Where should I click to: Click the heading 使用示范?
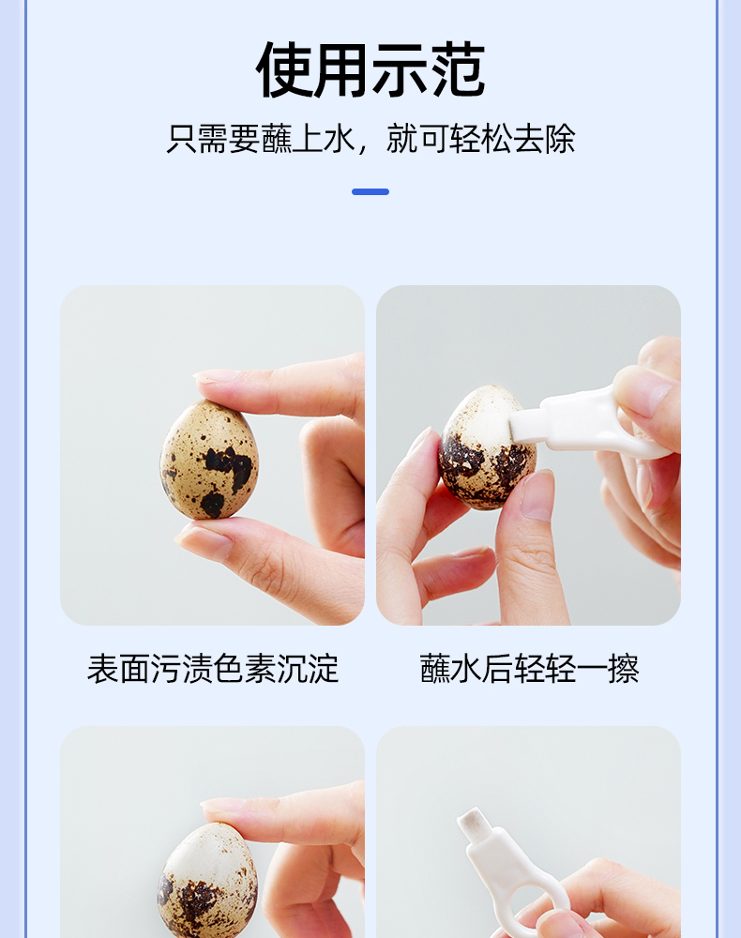pyautogui.click(x=370, y=70)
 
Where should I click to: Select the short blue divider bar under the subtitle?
pyautogui.click(x=370, y=191)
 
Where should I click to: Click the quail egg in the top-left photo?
pyautogui.click(x=209, y=460)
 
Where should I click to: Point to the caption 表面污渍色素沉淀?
pyautogui.click(x=213, y=668)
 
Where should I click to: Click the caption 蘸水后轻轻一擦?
pyautogui.click(x=529, y=668)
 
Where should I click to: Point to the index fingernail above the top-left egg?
pyautogui.click(x=212, y=376)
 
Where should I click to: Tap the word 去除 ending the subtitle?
pyautogui.click(x=545, y=139)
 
